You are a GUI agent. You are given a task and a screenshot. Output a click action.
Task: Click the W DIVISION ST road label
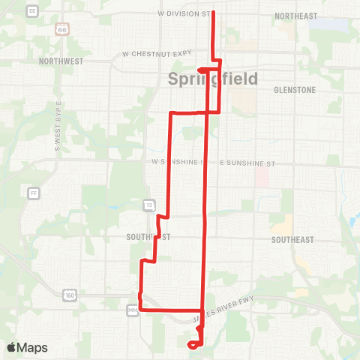pos(184,13)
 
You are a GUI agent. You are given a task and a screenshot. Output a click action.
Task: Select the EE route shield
pos(31,11)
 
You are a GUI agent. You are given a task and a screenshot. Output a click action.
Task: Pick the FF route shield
pos(34,193)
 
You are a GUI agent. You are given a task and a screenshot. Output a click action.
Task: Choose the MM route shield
pos(133,308)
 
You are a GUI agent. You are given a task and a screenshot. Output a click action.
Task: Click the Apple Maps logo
pos(28,347)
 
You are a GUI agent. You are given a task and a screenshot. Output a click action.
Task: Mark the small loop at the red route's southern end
pos(194,344)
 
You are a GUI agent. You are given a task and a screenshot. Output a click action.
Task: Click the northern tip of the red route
pos(214,13)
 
